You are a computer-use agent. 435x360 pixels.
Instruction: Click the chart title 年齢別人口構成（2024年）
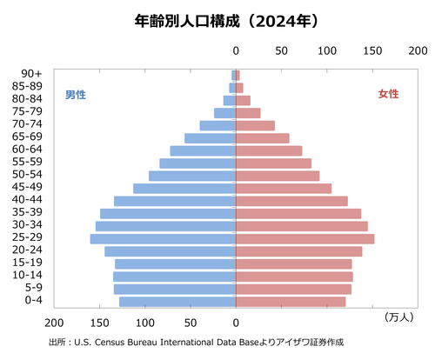click(218, 18)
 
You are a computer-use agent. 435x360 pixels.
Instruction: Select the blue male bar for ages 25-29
click(163, 238)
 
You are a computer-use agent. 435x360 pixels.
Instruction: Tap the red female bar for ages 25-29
click(305, 238)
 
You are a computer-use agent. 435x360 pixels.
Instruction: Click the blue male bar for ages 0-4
click(177, 302)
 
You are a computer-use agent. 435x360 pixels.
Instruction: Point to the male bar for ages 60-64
click(203, 150)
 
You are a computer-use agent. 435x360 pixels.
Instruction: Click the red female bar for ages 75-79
click(248, 113)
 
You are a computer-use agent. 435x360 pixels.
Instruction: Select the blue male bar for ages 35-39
click(168, 213)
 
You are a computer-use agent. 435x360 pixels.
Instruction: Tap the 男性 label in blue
click(76, 94)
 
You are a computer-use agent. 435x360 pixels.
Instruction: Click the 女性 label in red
click(388, 94)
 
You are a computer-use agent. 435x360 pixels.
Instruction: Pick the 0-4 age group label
click(32, 302)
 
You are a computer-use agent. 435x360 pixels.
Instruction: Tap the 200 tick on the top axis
click(418, 51)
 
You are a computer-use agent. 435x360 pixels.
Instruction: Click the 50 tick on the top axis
click(282, 51)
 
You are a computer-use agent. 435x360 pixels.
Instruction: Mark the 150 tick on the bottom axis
click(101, 319)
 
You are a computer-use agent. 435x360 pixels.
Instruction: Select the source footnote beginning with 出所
click(196, 342)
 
